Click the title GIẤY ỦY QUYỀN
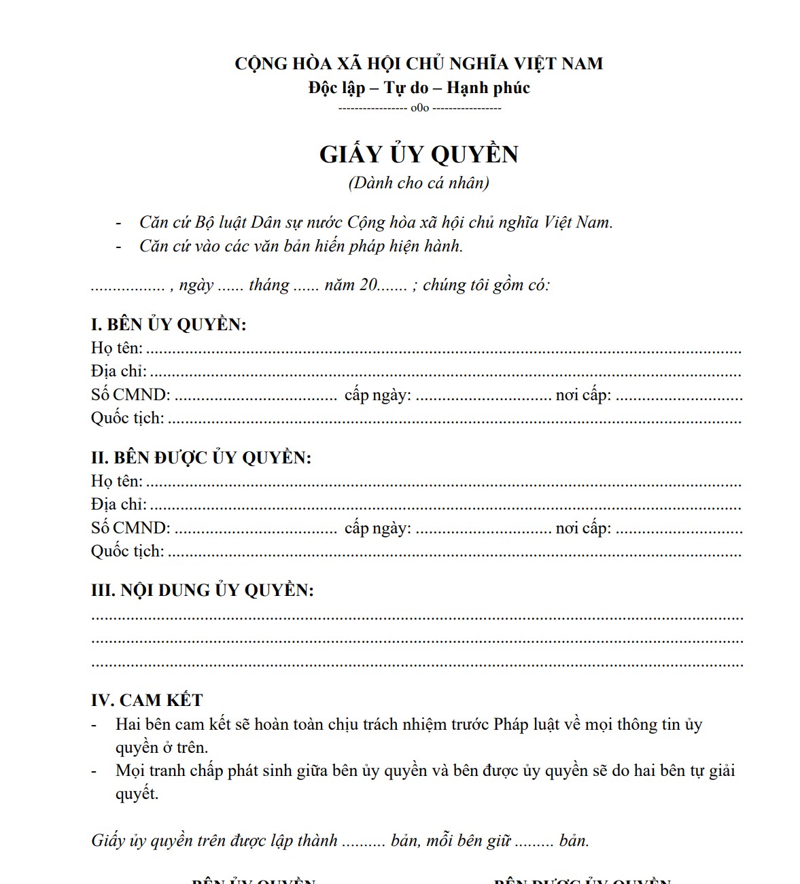coord(419,154)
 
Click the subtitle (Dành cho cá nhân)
coord(419,183)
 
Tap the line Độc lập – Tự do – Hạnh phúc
coord(419,88)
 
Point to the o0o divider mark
coord(419,108)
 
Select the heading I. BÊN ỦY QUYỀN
coord(169,324)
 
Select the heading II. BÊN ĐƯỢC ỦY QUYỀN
coord(201,457)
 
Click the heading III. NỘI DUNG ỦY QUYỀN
coord(203,590)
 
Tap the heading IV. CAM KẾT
coord(147,700)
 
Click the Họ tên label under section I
coord(117,348)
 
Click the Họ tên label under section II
coord(117,481)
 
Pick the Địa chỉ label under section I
coord(119,371)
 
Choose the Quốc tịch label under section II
coord(128,551)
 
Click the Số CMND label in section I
coord(131,395)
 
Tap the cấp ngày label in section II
coord(377,528)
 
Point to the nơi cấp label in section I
coord(582,395)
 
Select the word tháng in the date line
coord(269,285)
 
